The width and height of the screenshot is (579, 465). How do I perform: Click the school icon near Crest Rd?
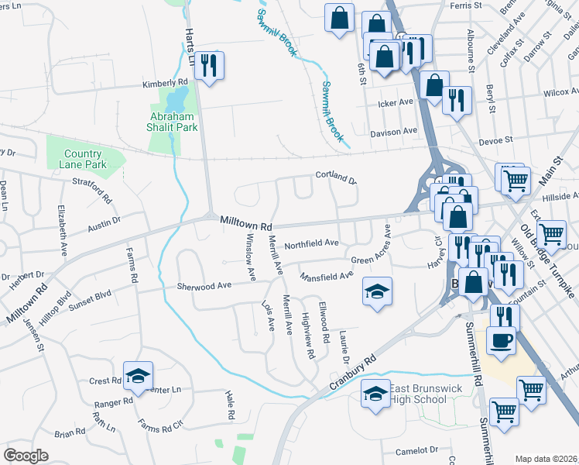pos(138,377)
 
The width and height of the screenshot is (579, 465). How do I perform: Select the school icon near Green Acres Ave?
pos(377,291)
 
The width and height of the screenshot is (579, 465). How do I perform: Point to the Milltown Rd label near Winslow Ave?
pos(246,223)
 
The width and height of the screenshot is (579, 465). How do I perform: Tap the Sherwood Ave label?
pos(204,286)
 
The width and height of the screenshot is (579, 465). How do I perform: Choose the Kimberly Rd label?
pos(165,82)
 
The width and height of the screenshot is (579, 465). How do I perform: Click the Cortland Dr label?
pos(335,177)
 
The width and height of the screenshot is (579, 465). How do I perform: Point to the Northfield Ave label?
pos(311,243)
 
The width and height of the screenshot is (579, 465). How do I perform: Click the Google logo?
pos(26,456)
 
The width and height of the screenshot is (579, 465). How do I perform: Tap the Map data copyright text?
pos(546,459)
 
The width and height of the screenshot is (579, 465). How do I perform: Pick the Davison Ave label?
pos(392,133)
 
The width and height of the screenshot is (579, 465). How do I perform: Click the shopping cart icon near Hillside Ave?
pos(515,181)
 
